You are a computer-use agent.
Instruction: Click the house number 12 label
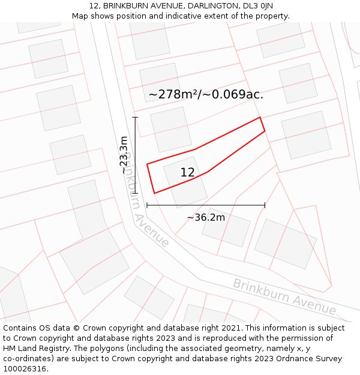[187, 173]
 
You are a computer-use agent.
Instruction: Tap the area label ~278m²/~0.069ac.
[206, 95]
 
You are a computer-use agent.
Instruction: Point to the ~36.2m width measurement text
[206, 217]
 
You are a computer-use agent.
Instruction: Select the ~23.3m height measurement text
[124, 155]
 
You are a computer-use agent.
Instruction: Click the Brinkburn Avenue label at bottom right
[284, 296]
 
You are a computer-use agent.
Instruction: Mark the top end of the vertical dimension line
[135, 118]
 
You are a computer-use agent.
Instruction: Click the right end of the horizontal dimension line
[265, 205]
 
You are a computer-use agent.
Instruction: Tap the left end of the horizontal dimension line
[147, 205]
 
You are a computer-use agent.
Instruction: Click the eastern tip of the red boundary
[265, 131]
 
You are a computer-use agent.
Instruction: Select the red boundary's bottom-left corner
[155, 193]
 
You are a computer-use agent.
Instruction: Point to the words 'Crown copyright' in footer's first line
[110, 328]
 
